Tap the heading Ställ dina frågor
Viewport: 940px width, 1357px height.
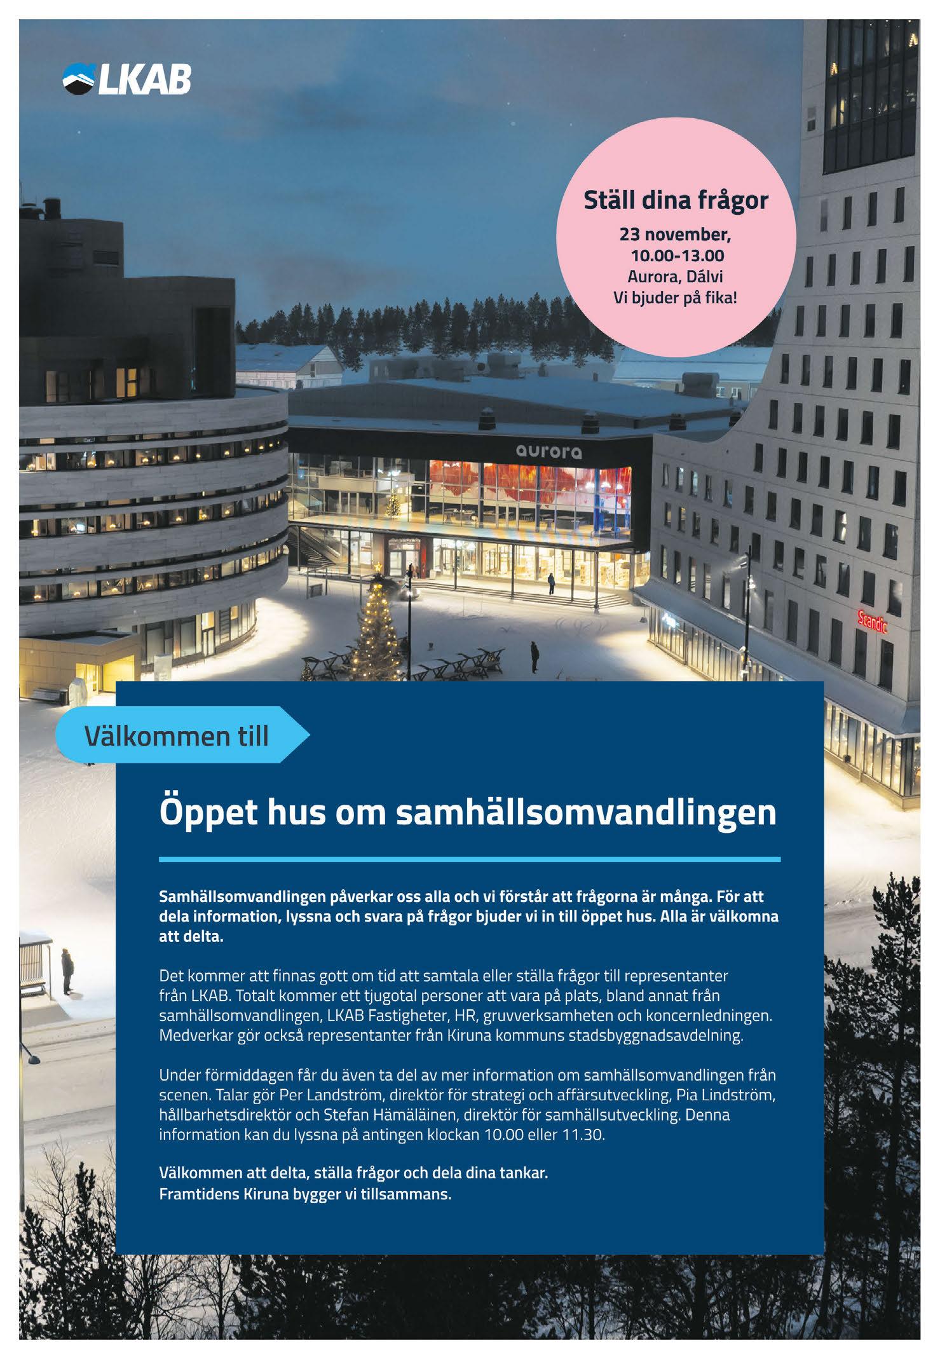(x=676, y=201)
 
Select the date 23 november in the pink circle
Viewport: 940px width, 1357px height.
(x=675, y=235)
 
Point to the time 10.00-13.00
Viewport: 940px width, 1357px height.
(x=677, y=256)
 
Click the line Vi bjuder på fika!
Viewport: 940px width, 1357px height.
(x=675, y=297)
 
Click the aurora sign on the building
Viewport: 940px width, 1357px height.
(x=548, y=452)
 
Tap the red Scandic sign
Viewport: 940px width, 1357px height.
(x=872, y=622)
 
